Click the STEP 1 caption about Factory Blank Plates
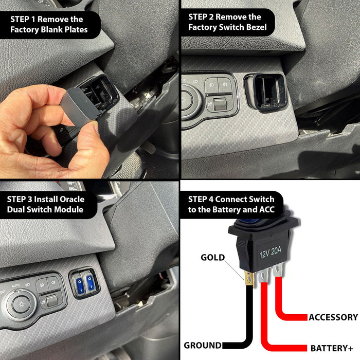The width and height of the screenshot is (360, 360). pyautogui.click(x=49, y=24)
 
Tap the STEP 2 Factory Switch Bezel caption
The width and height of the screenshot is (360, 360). pyautogui.click(x=228, y=22)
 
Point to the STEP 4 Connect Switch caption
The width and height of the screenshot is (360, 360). pyautogui.click(x=231, y=204)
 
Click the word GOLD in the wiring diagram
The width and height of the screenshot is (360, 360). pyautogui.click(x=212, y=257)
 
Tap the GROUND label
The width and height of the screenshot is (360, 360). pyautogui.click(x=203, y=345)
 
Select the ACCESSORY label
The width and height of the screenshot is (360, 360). pyautogui.click(x=333, y=317)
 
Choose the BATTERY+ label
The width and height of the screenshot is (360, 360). pyautogui.click(x=332, y=348)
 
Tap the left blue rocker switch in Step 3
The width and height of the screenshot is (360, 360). pyautogui.click(x=80, y=283)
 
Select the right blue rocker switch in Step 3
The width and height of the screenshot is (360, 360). pyautogui.click(x=91, y=282)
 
